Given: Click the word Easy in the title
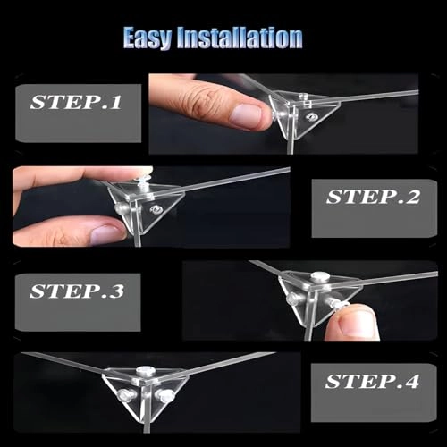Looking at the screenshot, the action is [148, 38].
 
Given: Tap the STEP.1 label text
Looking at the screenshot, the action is [76, 102].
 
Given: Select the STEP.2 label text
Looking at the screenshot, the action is [373, 197].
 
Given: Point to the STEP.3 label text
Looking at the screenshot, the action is [77, 291].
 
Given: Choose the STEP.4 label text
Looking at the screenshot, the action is [372, 381].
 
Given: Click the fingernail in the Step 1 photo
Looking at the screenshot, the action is [246, 116].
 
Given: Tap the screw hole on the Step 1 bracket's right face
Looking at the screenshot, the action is [311, 117].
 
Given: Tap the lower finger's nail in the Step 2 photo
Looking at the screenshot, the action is [108, 233].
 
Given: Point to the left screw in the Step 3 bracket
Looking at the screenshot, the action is [292, 299].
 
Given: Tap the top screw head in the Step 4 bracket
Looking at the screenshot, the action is [146, 371].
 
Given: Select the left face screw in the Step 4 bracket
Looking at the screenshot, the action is [124, 395].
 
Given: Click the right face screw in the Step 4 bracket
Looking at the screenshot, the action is [165, 395].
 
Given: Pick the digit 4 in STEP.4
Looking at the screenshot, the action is [412, 381].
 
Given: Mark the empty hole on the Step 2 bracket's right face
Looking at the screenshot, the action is [156, 210].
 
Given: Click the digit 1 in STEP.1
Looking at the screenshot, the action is [116, 102].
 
